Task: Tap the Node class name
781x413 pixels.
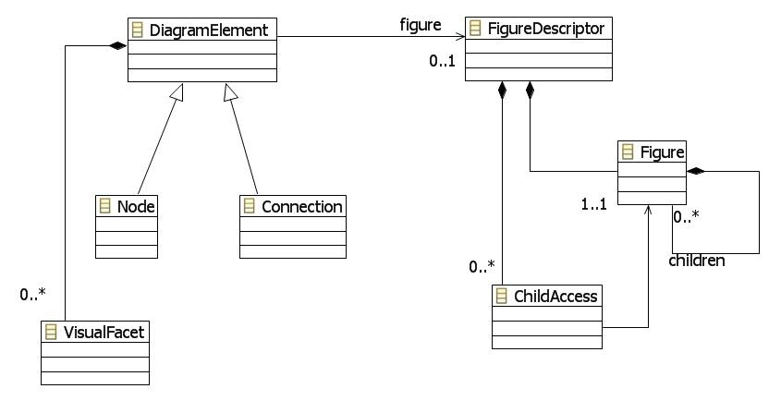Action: tap(134, 206)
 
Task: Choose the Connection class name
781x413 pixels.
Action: tap(301, 206)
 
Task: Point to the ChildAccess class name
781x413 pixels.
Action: tap(555, 296)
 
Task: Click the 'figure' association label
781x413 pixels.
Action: tap(421, 25)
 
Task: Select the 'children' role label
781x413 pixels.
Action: tap(697, 261)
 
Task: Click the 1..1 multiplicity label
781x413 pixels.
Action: tap(593, 204)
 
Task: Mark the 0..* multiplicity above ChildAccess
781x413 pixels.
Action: tap(482, 267)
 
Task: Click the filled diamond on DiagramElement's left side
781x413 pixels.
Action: tap(116, 45)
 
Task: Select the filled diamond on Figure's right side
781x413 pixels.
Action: tap(696, 171)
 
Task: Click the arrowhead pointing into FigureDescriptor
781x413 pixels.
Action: tap(459, 38)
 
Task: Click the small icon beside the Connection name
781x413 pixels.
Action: tap(248, 206)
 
